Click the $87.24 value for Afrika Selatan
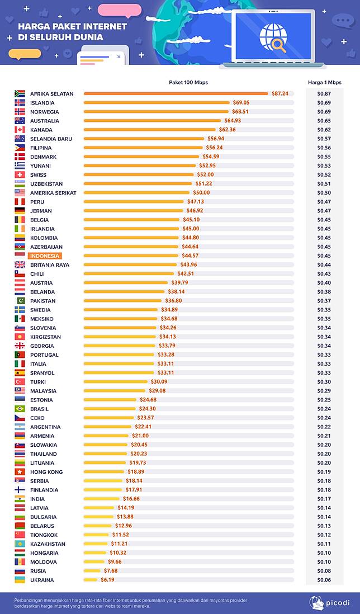point(280,94)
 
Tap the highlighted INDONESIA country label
point(44,256)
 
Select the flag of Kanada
point(20,130)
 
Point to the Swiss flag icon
point(20,175)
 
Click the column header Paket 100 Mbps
point(188,82)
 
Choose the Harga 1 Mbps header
point(324,82)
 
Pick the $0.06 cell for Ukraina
point(324,580)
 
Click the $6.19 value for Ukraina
point(107,580)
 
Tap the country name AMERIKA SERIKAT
point(53,193)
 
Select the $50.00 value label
point(201,193)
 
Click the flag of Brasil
point(20,409)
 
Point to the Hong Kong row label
point(46,472)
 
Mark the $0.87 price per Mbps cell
point(324,94)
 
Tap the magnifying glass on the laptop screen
point(278,46)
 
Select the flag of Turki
point(20,382)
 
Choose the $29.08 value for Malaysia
point(158,391)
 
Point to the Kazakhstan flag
point(20,544)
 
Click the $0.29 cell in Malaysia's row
point(324,391)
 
